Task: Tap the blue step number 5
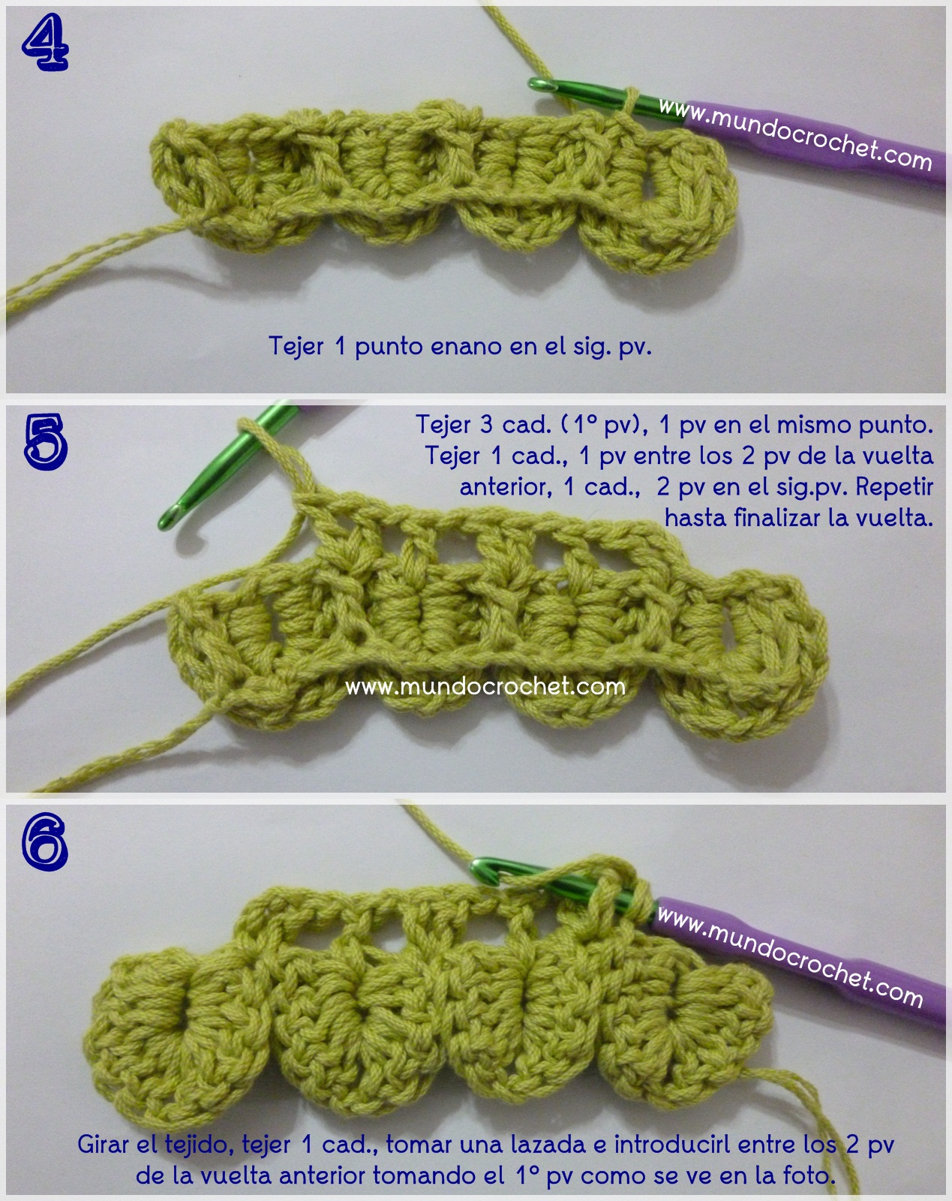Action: coord(46,441)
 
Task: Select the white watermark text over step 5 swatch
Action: coord(485,686)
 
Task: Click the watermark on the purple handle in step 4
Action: coord(795,134)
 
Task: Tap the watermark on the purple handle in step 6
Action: coord(790,955)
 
